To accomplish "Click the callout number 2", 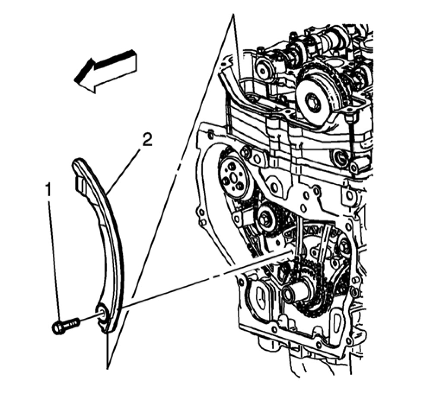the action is coord(147,140).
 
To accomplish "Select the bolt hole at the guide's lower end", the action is coord(103,312).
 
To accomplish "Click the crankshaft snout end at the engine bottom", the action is coord(292,295).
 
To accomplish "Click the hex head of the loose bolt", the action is coord(57,327).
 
